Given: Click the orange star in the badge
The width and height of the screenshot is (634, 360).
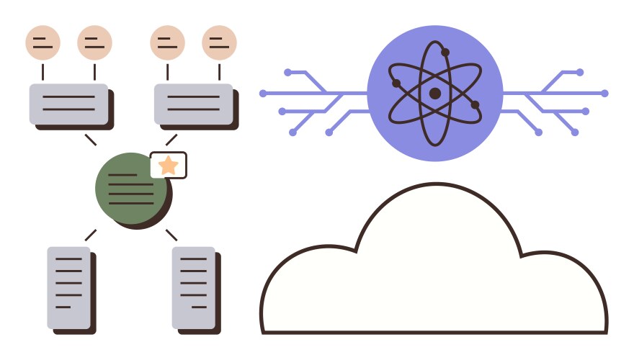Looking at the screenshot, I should pos(168,166).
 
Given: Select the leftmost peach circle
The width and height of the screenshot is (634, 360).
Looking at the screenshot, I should pos(43,42).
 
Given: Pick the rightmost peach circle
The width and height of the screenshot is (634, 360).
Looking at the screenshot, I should pos(219,42).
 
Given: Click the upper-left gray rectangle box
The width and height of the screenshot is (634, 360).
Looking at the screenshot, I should pos(68,104).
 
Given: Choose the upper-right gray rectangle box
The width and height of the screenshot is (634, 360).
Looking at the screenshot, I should pos(193,104).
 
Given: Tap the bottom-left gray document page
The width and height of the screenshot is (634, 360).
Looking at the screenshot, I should pos(68,287).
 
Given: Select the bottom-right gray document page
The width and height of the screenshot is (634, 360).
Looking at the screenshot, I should pos(193,287).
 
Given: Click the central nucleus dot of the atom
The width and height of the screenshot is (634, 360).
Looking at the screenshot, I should pos(434,94).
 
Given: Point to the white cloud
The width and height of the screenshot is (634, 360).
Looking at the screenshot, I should pos(432,281).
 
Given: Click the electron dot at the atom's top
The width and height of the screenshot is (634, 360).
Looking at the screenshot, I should pos(445,52).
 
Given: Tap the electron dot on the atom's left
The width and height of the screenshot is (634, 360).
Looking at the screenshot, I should pos(396,84).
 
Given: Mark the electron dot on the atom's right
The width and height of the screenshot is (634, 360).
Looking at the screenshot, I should pos(475,105).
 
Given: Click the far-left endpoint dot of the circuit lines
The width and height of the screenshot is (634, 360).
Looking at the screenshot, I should pos(263,94).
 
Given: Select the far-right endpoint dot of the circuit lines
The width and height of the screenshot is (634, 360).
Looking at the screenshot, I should pos(604,94).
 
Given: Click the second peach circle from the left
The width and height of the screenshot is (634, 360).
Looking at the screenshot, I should pos(94,42).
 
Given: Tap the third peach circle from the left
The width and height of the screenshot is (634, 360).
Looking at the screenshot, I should pos(167,42).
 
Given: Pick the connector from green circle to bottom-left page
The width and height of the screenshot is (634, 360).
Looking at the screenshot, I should pos(90,235).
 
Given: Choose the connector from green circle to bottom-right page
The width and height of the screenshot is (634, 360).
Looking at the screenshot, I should pos(171,235).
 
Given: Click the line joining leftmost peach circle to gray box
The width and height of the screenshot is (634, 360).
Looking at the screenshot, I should pos(43,72).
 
